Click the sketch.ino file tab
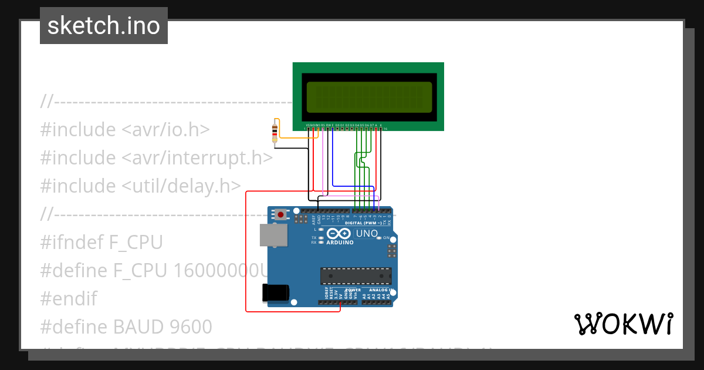pyautogui.click(x=104, y=26)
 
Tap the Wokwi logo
pyautogui.click(x=623, y=324)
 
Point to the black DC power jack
pyautogui.click(x=276, y=292)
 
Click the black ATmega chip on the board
pyautogui.click(x=356, y=276)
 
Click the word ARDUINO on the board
pyautogui.click(x=340, y=242)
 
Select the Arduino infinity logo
pyautogui.click(x=340, y=233)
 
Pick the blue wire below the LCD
pyautogui.click(x=333, y=159)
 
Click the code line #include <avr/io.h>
pyautogui.click(x=124, y=129)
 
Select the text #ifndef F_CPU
pyautogui.click(x=101, y=242)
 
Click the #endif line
pyautogui.click(x=68, y=298)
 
